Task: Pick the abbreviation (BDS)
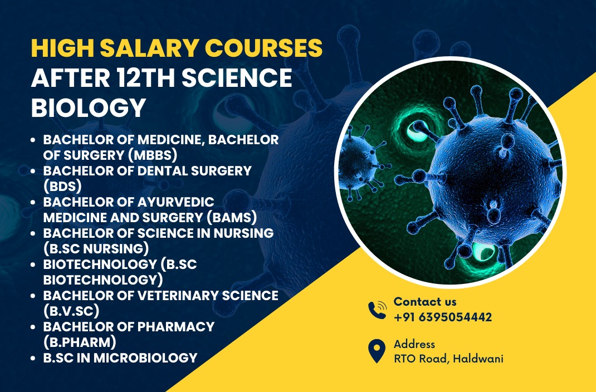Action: pos(62,186)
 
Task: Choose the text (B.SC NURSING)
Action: pos(96,248)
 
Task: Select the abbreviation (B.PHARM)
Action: pos(80,342)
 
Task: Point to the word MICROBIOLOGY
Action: pos(145,357)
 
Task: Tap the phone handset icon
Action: pos(377,310)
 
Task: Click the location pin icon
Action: pos(377,351)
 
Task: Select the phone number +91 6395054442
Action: pos(443,317)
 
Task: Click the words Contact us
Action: pos(425,302)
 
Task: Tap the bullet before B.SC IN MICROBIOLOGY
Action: pos(33,358)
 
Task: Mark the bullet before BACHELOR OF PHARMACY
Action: pos(33,327)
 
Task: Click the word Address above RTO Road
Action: pos(414,344)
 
